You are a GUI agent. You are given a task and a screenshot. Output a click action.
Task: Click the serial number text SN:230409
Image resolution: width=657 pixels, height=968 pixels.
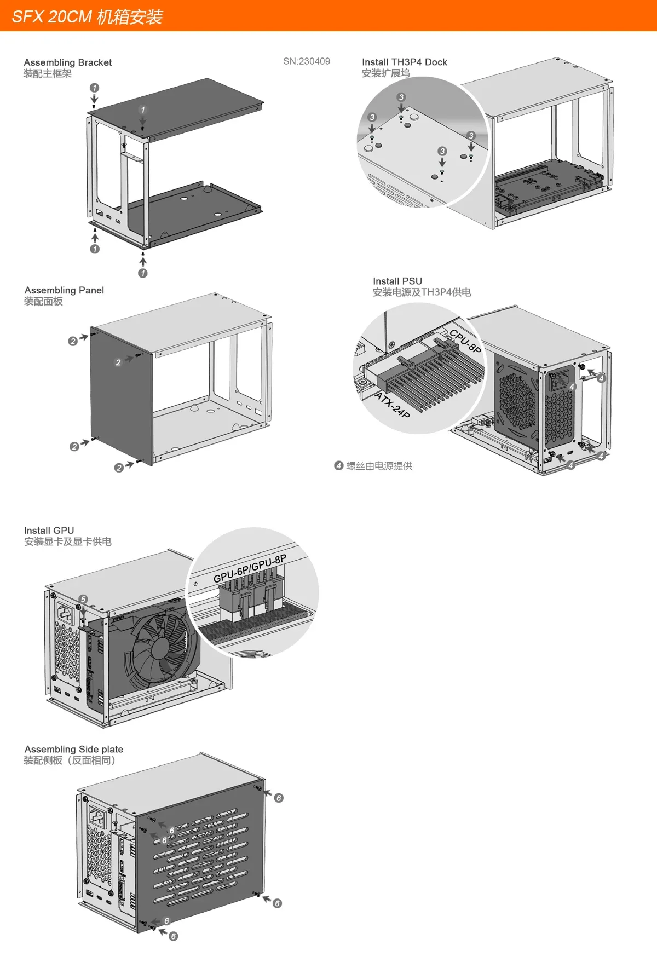coord(306,61)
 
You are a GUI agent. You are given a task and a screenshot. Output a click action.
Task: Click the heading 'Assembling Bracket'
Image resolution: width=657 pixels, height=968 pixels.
coord(67,62)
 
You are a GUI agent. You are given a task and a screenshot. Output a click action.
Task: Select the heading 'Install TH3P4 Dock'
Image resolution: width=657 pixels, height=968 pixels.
coord(404,62)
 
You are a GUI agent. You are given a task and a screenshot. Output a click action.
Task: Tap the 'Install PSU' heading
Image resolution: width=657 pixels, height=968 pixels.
coord(397,281)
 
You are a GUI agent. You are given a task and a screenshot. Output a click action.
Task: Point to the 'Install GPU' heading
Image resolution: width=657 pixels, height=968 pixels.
coord(49,530)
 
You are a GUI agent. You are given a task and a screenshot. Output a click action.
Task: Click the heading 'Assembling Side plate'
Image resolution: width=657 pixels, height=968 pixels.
coord(73,749)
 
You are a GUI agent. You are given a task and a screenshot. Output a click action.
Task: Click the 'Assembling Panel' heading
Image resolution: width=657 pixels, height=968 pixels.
coord(64,290)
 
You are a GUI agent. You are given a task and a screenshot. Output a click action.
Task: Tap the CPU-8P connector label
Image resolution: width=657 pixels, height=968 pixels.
coord(465,341)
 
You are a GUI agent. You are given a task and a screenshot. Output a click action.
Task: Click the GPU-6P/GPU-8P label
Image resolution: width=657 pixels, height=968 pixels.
coord(250,569)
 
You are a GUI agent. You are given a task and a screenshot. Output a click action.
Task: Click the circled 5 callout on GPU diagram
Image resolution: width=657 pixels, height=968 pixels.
coord(83,599)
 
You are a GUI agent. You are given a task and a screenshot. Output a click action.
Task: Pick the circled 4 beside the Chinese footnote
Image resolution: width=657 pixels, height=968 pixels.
coord(338,465)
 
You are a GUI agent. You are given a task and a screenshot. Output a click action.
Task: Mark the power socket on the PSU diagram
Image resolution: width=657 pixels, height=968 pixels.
coord(561,379)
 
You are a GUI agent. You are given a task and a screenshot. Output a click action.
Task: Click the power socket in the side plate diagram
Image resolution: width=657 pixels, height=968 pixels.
coord(97,818)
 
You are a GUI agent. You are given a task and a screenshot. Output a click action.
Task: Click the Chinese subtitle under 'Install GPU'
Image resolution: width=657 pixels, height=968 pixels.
coord(67,541)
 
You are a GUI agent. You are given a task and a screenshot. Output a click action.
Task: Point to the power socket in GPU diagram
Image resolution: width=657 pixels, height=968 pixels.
coord(64,614)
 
